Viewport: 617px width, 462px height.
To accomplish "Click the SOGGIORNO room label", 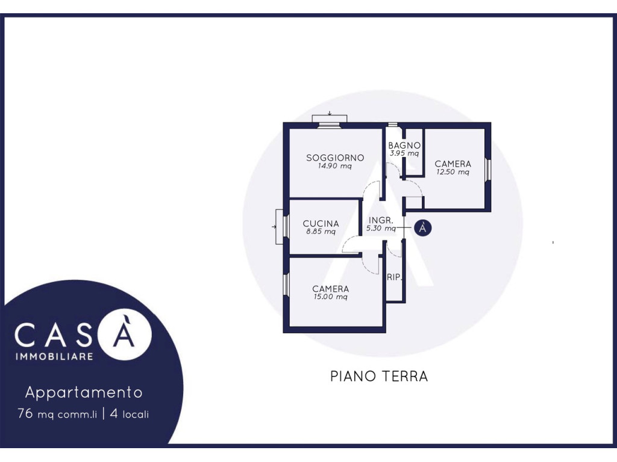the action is (335, 158).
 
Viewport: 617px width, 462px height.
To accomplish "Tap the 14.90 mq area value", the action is (335, 166).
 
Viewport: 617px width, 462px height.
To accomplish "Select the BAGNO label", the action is (404, 146).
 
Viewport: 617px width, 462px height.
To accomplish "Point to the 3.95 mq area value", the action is (404, 153).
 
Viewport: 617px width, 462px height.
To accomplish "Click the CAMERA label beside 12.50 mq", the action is (453, 164).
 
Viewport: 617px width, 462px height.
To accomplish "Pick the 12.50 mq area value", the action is (453, 172).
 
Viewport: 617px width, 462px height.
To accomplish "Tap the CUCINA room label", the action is (321, 224).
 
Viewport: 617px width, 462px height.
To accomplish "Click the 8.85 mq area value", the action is (321, 232).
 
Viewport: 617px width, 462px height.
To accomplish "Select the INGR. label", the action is (381, 220).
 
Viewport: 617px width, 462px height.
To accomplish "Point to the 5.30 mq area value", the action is (381, 228).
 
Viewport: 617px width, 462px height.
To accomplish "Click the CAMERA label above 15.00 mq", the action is (330, 289).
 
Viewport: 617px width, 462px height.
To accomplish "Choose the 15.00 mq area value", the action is (330, 297).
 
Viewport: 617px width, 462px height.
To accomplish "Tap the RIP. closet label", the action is (394, 277).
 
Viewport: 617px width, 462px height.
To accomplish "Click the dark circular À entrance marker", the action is (422, 228).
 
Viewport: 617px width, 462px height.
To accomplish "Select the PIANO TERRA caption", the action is (379, 377).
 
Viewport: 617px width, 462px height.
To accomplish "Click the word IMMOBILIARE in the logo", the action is (54, 356).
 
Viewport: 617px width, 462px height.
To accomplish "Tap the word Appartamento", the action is (84, 392).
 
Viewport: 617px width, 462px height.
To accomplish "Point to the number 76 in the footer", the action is (25, 413).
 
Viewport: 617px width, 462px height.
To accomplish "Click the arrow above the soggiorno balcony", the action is (330, 114).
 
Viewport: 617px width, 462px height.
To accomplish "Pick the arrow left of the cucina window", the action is (274, 227).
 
